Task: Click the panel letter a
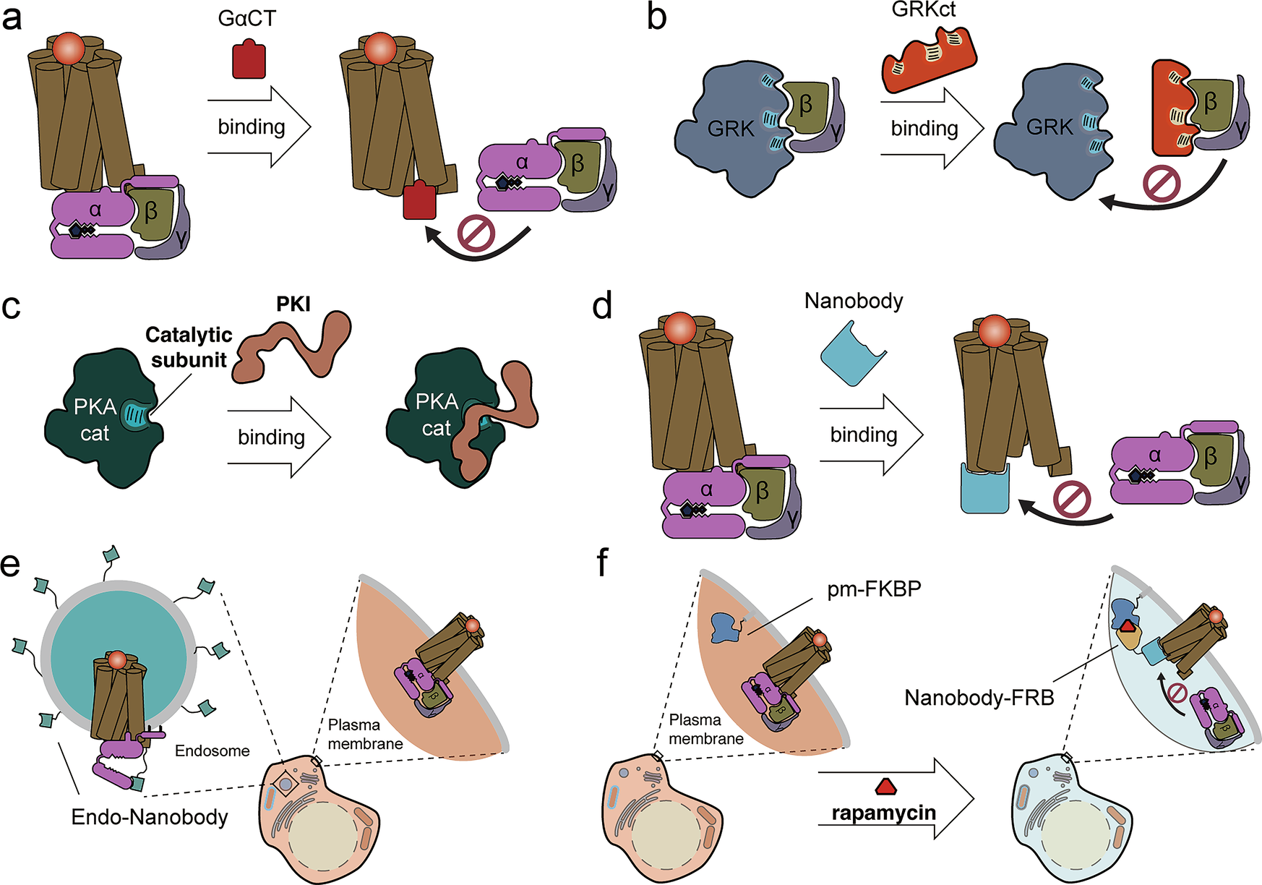click(12, 17)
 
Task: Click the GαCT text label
click(246, 18)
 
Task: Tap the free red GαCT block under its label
click(249, 60)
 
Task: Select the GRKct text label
click(924, 9)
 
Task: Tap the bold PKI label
click(293, 304)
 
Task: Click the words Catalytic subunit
click(189, 347)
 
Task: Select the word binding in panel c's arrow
click(271, 437)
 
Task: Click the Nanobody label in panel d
click(854, 300)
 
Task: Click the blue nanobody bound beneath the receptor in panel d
click(984, 490)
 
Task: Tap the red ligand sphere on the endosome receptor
click(118, 660)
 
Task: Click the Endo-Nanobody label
click(150, 817)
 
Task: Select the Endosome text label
click(213, 751)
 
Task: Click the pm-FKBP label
click(874, 589)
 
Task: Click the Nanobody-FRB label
click(979, 698)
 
